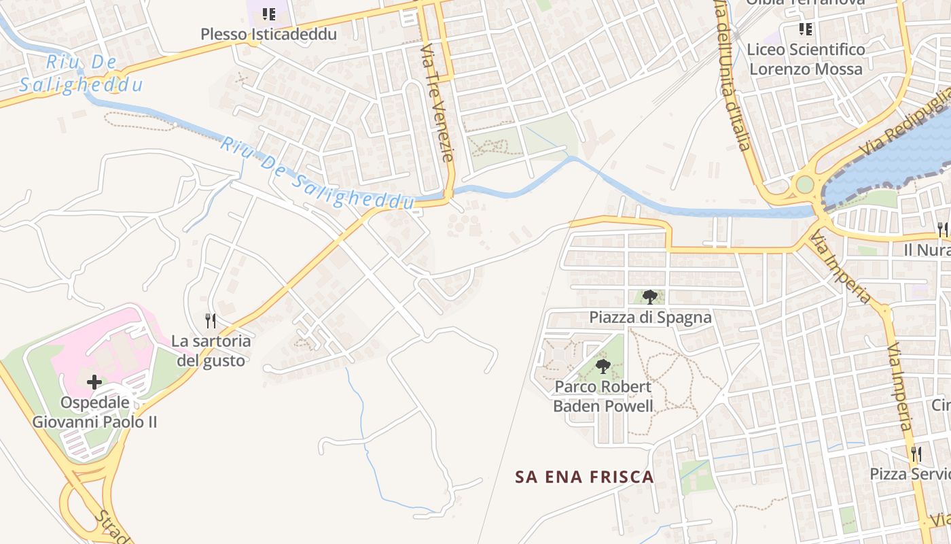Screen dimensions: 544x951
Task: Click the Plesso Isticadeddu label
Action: coord(268,34)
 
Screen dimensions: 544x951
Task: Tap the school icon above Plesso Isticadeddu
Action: coord(269,14)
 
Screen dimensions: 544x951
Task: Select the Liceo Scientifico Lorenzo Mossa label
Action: coord(806,59)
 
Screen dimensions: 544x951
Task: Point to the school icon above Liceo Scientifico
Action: coord(806,29)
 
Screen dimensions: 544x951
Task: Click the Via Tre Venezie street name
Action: coord(437,102)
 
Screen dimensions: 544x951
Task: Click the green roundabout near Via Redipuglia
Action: coord(804,184)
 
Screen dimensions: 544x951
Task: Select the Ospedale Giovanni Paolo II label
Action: coord(94,412)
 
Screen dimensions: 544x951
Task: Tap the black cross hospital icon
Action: coord(94,382)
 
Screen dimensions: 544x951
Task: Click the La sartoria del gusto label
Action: coord(211,350)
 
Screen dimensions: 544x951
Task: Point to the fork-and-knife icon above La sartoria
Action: coord(211,320)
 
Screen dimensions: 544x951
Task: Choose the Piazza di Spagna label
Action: coord(650,318)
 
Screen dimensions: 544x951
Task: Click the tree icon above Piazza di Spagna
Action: coord(650,296)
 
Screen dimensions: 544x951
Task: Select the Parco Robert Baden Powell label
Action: coord(603,396)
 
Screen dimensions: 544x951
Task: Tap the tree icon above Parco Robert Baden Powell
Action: coord(603,367)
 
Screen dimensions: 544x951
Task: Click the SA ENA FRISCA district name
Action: coord(584,477)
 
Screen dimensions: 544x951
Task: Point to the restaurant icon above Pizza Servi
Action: coord(916,453)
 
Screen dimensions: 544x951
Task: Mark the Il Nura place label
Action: coord(927,250)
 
